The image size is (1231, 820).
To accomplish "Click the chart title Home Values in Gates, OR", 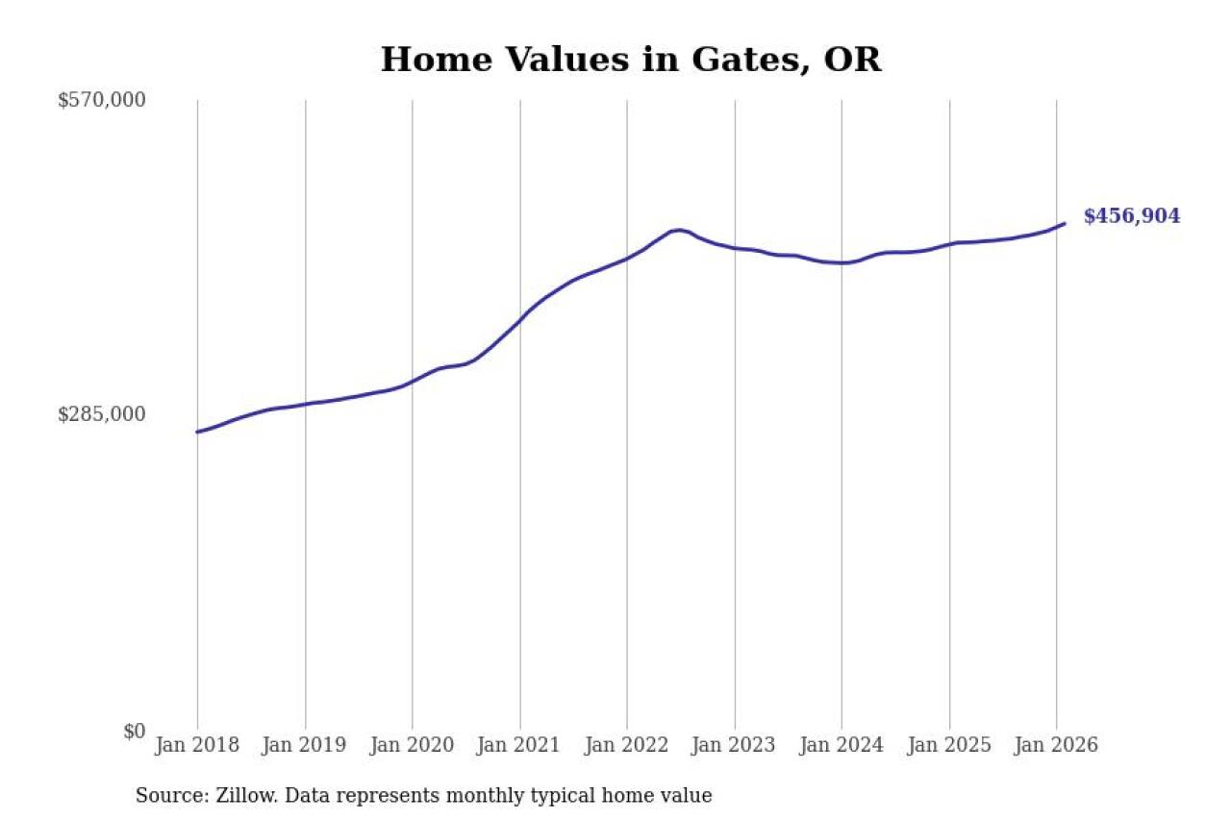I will tap(631, 60).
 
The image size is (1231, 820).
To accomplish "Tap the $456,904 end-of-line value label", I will tap(1131, 216).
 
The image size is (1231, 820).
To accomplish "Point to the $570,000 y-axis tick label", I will tap(102, 100).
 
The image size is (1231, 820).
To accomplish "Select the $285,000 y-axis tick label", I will tap(102, 414).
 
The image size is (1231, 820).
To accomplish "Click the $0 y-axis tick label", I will tap(134, 731).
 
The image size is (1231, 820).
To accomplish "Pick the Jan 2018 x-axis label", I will tap(197, 746).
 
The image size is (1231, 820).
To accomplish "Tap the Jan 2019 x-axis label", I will tap(305, 746).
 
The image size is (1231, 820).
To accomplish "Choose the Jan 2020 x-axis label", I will tap(413, 746).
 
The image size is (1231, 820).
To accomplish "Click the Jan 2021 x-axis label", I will tap(520, 746).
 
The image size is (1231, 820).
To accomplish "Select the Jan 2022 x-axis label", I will tap(627, 746).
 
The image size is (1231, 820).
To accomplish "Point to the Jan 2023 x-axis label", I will tap(735, 746).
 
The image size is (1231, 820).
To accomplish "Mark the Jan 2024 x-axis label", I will tap(842, 746).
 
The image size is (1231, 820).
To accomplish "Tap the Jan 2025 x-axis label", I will tap(950, 746).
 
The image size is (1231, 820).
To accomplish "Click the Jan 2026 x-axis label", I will tap(1057, 746).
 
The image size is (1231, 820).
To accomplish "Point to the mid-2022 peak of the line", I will tap(678, 230).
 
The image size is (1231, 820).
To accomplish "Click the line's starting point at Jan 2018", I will tap(197, 432).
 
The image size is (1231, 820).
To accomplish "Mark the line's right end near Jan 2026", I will tap(1064, 224).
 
